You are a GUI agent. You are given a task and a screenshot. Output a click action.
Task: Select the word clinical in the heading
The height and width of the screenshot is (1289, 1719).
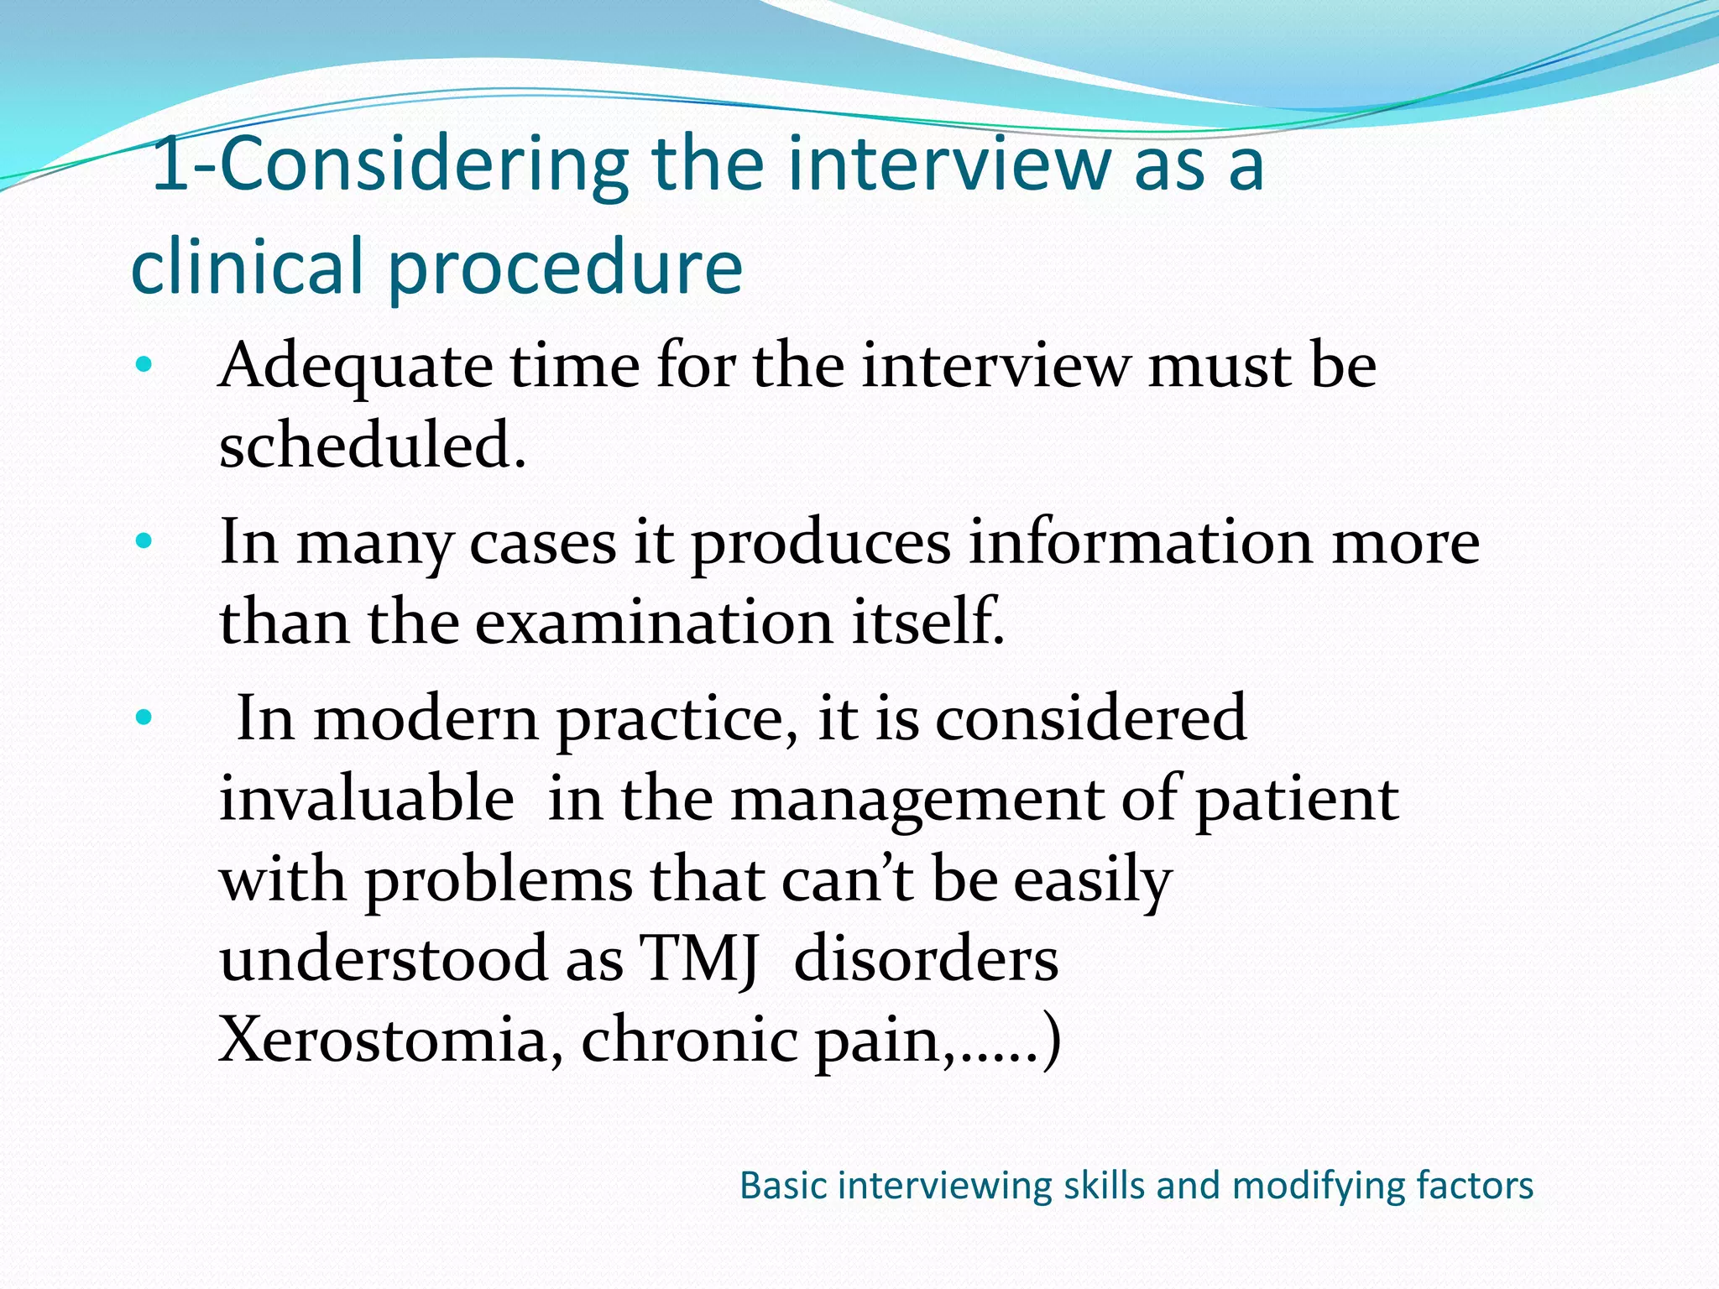(x=248, y=267)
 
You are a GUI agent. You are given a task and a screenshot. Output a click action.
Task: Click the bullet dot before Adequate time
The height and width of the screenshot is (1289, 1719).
(x=144, y=365)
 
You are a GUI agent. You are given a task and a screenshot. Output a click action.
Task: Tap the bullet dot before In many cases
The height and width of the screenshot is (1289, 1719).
(x=144, y=541)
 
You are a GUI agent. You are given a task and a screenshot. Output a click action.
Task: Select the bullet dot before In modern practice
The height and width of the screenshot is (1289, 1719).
(x=144, y=718)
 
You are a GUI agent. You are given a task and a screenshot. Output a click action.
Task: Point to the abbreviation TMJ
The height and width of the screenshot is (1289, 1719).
(x=698, y=959)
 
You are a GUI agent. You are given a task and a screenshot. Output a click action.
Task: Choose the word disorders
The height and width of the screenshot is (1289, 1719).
(x=926, y=959)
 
